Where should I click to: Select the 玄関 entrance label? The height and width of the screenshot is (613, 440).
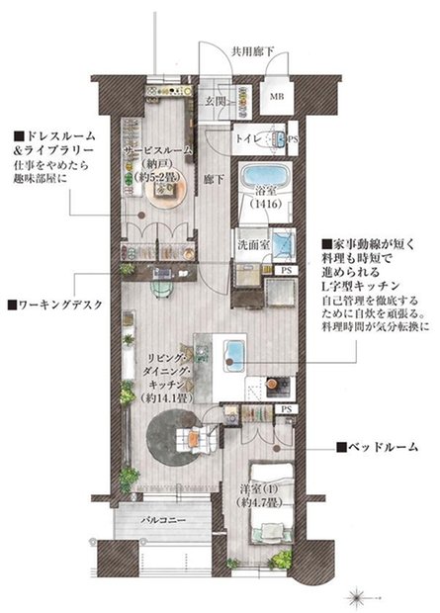(219, 101)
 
